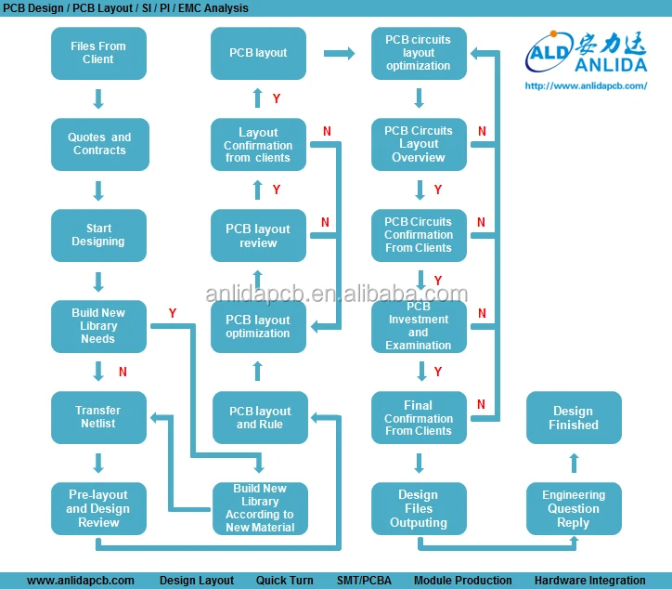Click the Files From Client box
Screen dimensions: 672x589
tap(98, 53)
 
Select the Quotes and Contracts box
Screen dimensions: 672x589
tap(98, 144)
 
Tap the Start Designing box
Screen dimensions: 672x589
tap(98, 235)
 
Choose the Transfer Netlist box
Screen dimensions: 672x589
tap(98, 417)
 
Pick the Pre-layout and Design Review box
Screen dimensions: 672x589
tap(98, 508)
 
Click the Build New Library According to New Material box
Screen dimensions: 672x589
tap(259, 508)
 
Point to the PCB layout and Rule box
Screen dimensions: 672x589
tap(259, 418)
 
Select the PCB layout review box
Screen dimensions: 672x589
tap(258, 236)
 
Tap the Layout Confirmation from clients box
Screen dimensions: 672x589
tap(258, 145)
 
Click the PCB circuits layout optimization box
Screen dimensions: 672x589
tap(419, 53)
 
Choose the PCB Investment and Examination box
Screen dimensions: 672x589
tap(419, 326)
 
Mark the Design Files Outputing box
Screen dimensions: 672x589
tap(419, 508)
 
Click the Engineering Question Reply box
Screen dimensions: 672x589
tap(574, 508)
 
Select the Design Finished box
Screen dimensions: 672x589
tap(574, 418)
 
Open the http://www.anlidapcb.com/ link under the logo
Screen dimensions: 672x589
tap(586, 85)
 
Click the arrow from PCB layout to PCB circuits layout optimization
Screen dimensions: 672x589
tap(339, 54)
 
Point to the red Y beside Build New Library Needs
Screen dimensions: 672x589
tap(173, 314)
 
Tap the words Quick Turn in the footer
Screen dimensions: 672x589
tap(285, 581)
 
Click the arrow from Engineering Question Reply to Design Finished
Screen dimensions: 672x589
tap(574, 462)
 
